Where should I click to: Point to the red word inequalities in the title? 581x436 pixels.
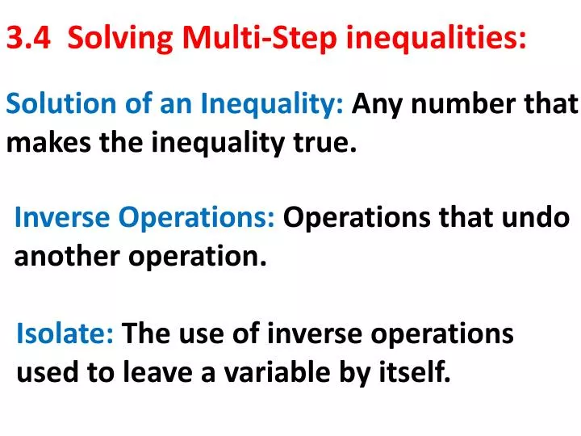click(437, 38)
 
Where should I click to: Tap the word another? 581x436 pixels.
click(62, 257)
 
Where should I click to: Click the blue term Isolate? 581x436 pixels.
click(65, 333)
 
